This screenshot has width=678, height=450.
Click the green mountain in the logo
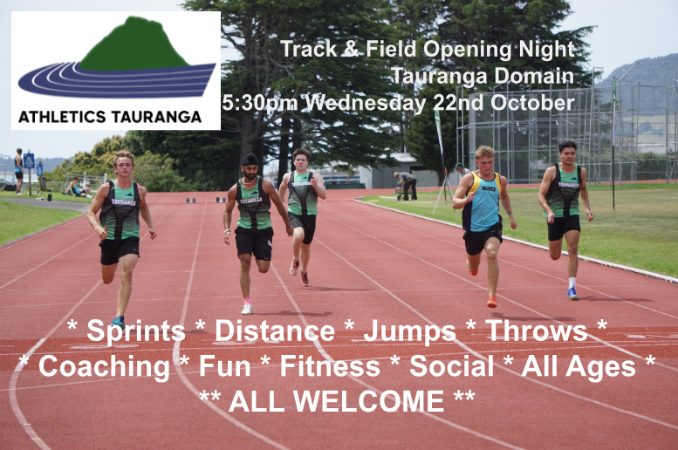coord(135,45)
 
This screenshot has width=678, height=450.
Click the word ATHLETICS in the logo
coord(62,117)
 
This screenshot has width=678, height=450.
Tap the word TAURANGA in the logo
coord(156,117)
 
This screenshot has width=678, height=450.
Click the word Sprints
coord(136,332)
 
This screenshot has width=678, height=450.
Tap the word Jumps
coord(409,332)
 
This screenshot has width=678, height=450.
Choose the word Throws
coord(536,331)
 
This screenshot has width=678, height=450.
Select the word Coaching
coord(104,367)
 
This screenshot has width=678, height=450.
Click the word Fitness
coord(330,366)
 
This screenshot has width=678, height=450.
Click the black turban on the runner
coord(250,160)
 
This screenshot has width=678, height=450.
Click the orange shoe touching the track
coord(491,301)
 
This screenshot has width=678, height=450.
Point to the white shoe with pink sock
coord(246,307)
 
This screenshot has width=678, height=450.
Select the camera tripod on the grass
coord(442,194)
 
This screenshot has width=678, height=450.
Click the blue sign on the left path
coord(29,160)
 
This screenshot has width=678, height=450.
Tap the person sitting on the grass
coord(78,188)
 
